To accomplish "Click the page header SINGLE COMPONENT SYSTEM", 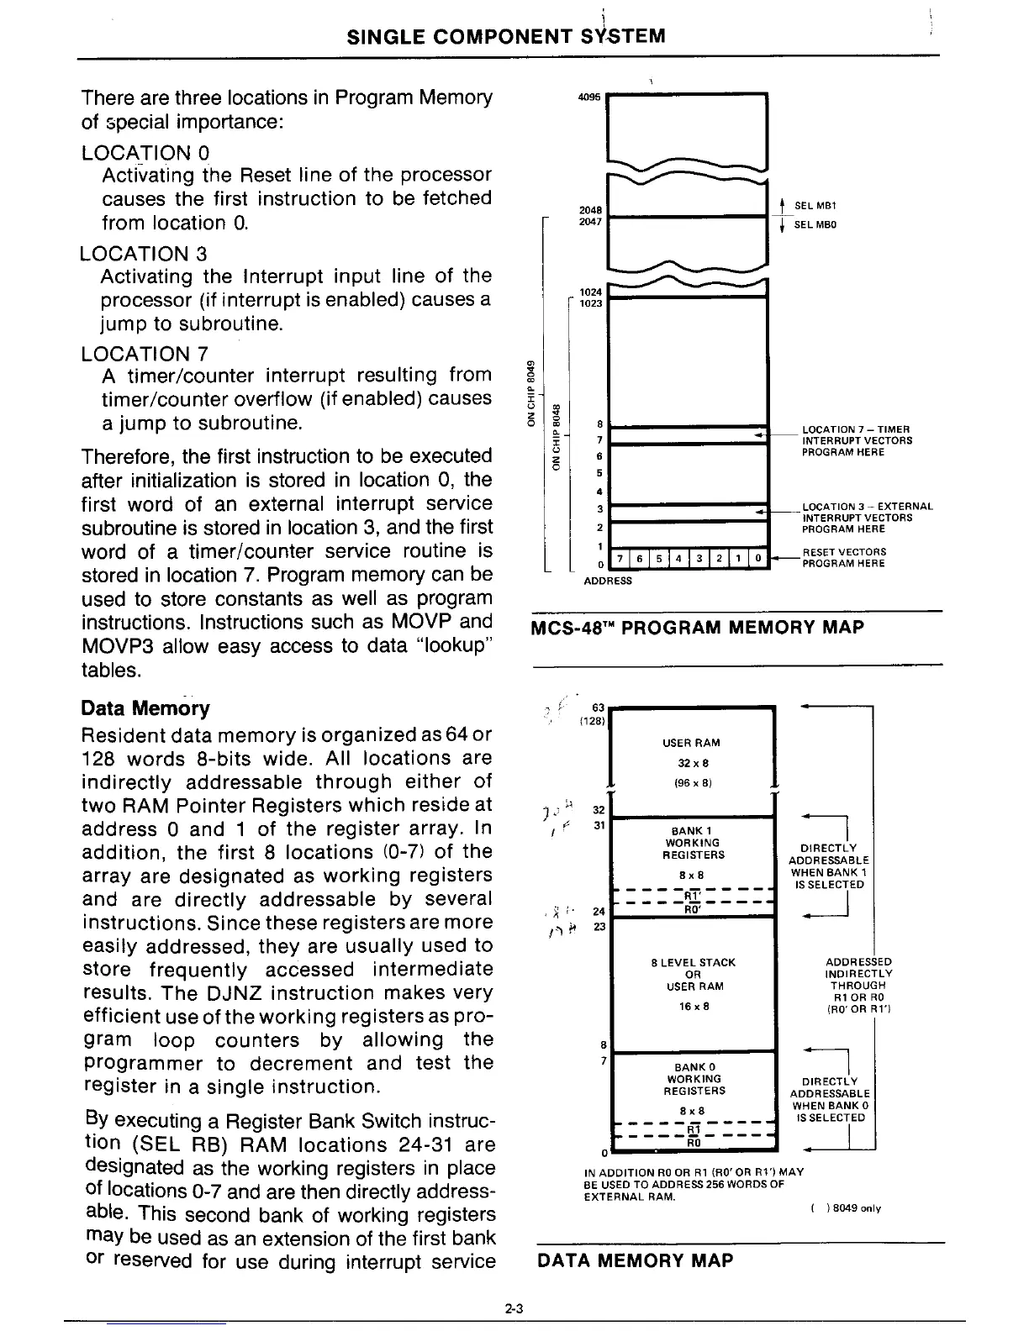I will tap(506, 36).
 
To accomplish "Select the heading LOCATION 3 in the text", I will tap(144, 253).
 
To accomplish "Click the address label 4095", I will tap(589, 97).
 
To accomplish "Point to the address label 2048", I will tap(590, 210).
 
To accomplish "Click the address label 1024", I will tap(591, 292).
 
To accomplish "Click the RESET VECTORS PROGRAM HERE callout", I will tap(843, 558).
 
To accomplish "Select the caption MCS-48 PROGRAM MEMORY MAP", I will tap(697, 627).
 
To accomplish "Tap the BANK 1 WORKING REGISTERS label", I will tap(691, 843).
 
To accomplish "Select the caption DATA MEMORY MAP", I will tap(634, 1260).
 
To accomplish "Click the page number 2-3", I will tap(514, 1307).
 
